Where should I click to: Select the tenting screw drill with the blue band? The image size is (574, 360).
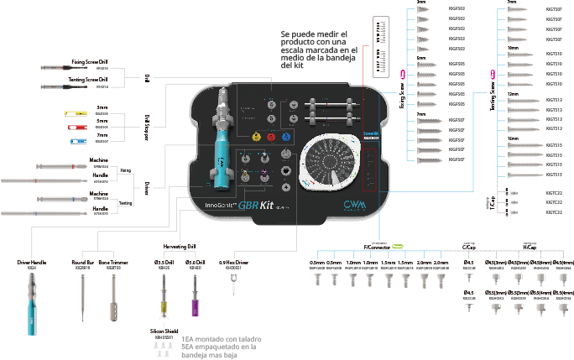point(67,86)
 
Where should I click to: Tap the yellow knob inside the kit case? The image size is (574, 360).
point(256,137)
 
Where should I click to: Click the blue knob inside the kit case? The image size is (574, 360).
point(285,137)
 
